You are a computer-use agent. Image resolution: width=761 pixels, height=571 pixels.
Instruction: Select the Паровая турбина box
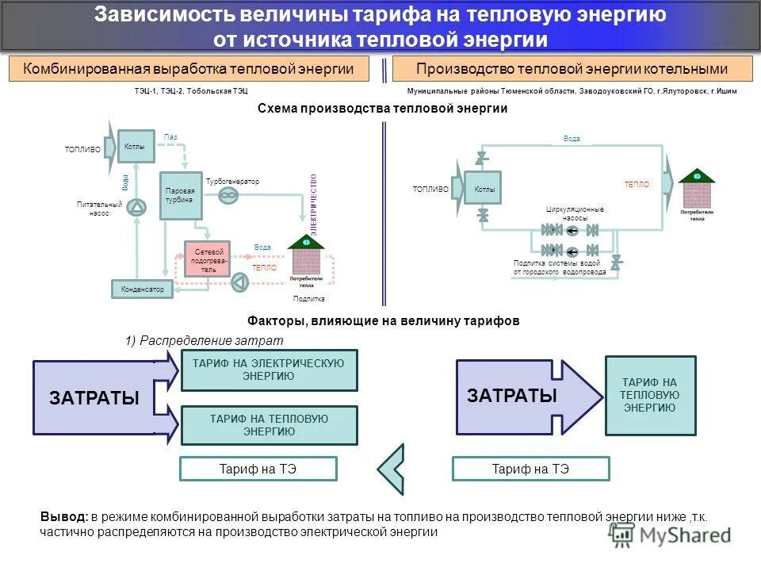[182, 195]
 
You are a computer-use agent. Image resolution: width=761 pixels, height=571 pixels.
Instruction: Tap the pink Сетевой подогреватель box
[207, 259]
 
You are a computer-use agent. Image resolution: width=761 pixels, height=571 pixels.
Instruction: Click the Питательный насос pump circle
[138, 208]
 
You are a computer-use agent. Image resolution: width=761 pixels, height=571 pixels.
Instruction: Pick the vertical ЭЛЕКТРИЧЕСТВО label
[313, 205]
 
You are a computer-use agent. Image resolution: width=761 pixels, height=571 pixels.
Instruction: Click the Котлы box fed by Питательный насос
[135, 147]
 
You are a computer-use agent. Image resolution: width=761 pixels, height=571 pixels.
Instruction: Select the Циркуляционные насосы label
[575, 213]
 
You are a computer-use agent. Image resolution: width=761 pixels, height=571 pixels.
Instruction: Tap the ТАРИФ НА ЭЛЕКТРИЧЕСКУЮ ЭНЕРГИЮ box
[269, 370]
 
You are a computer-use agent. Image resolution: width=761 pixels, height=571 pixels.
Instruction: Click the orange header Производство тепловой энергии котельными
[572, 69]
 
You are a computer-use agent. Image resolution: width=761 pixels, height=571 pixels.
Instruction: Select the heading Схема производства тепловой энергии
[382, 109]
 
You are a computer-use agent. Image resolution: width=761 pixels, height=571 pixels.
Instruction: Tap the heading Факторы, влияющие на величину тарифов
[383, 321]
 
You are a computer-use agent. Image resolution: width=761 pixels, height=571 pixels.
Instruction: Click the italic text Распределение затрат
[210, 340]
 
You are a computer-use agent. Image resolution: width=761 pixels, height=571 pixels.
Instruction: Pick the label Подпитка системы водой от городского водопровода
[560, 267]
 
